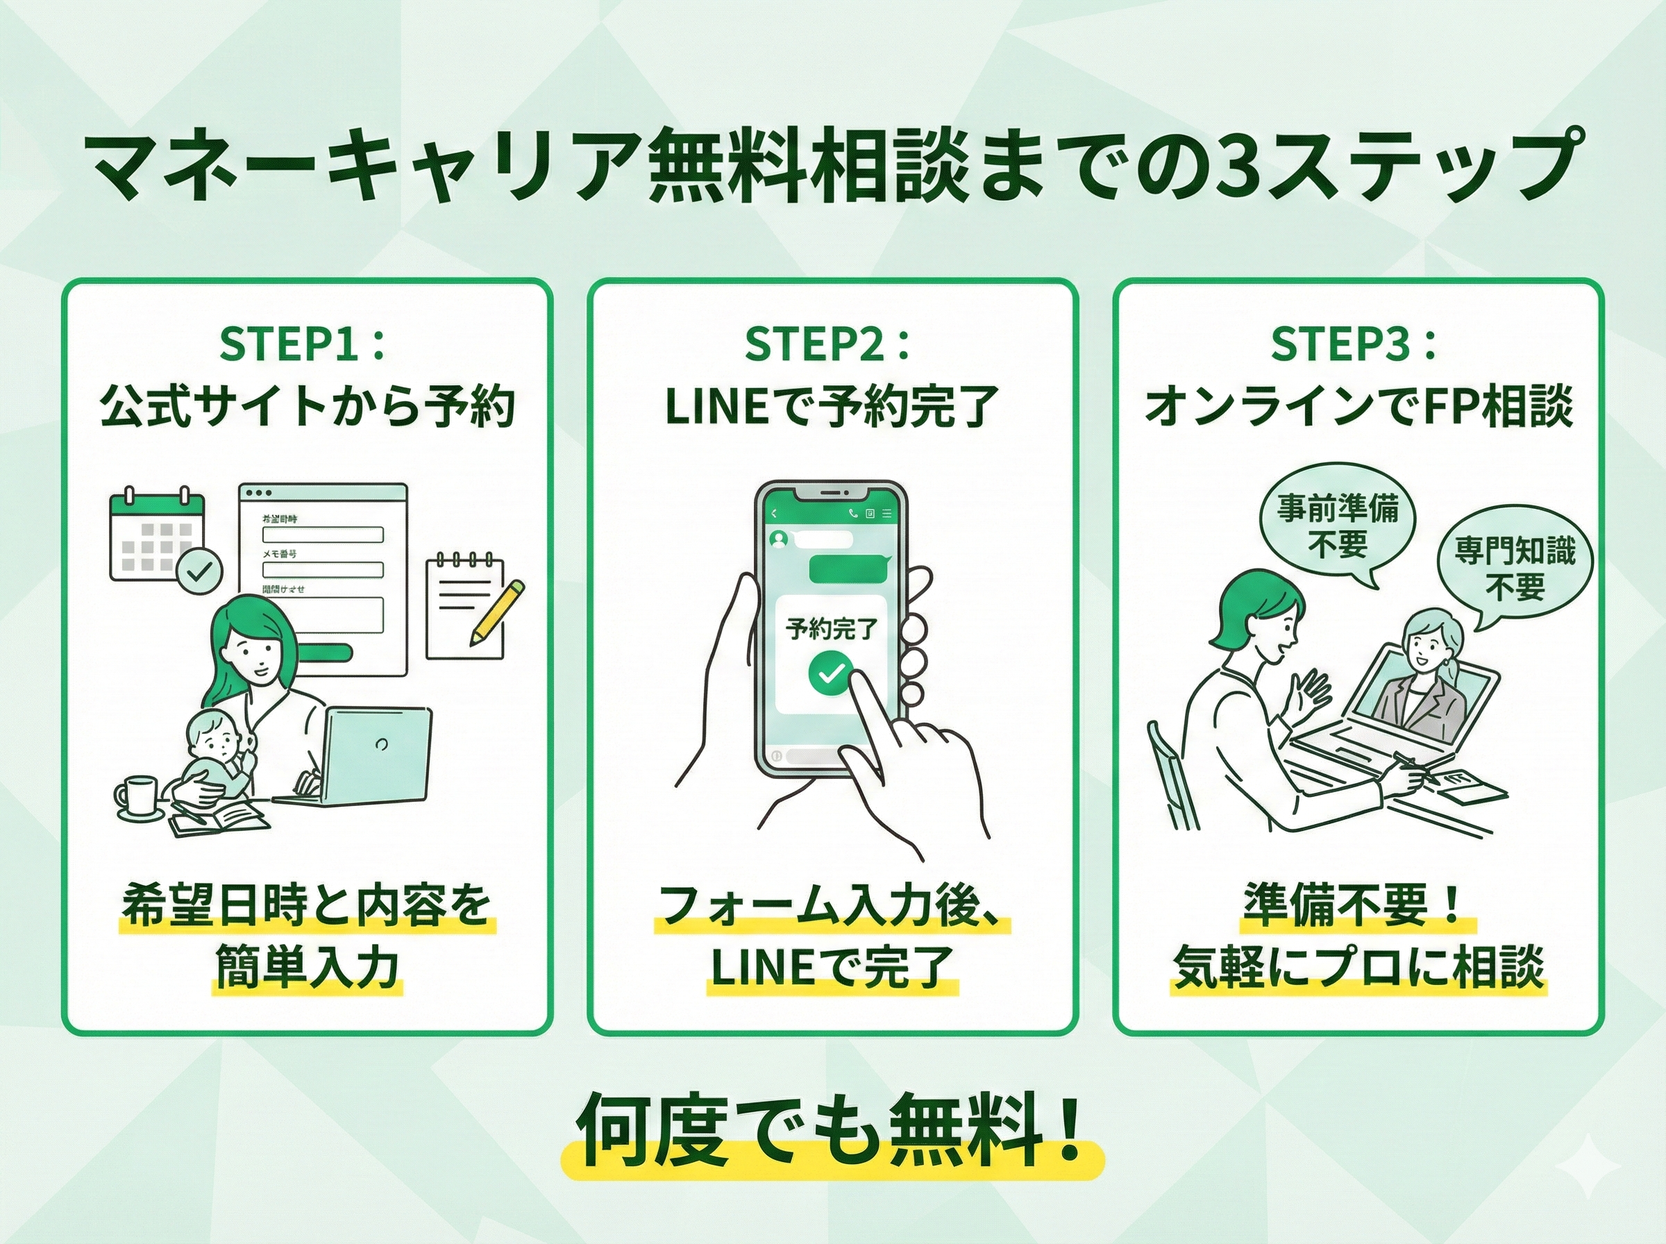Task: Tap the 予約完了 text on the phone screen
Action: coord(831,628)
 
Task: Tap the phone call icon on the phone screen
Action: coord(852,514)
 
